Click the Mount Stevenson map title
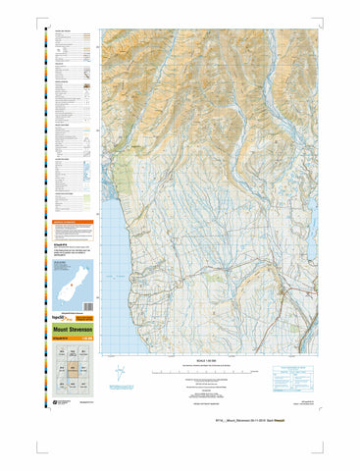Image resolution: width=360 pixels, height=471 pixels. tap(75, 331)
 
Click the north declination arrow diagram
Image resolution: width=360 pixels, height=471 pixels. tap(121, 375)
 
